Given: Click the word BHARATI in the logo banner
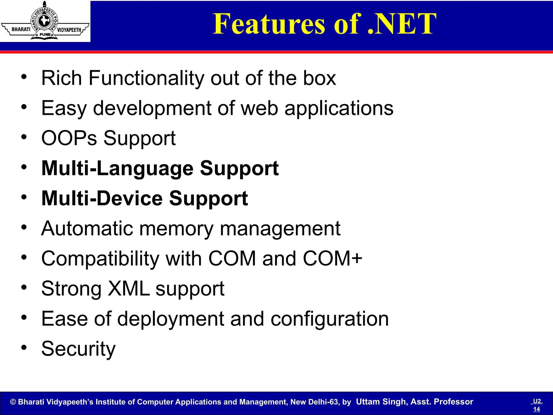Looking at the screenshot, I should click(x=21, y=29).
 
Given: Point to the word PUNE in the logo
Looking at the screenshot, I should click(x=45, y=35).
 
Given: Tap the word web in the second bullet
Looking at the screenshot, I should click(x=259, y=108).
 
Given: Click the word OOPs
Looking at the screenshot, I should click(x=69, y=138).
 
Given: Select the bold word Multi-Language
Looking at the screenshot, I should click(x=117, y=168).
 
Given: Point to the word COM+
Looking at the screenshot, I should click(x=332, y=259).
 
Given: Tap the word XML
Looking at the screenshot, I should click(x=129, y=289).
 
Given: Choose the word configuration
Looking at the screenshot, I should click(x=329, y=319).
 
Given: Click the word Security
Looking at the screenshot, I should click(x=78, y=349).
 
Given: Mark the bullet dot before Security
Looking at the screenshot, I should click(x=24, y=347).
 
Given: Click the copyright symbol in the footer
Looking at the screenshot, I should click(x=13, y=402).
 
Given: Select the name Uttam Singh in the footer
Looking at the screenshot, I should click(x=381, y=402).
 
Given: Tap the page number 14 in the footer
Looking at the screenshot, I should click(x=537, y=409).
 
